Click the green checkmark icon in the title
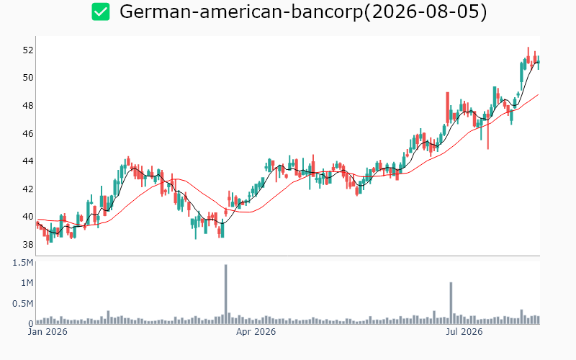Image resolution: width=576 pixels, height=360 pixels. (101, 12)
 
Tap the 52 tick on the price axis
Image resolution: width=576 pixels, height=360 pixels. (28, 50)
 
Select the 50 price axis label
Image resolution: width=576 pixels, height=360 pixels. (28, 78)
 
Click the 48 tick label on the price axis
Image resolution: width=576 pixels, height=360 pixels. (28, 105)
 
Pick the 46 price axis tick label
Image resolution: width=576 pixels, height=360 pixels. (28, 133)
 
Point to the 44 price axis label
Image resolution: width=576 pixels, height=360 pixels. (28, 161)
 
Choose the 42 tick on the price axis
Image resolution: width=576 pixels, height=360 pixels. (28, 189)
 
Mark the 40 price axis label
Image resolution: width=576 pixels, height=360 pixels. (28, 217)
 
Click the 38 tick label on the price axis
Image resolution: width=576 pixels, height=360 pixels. (28, 244)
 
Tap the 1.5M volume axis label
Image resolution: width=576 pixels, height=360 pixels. (23, 263)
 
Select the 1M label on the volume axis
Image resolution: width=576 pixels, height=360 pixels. (27, 283)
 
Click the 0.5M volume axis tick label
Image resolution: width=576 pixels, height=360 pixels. (23, 303)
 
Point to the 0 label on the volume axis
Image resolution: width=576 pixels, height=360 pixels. (31, 323)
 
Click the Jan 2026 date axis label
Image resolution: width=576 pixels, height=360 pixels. (48, 332)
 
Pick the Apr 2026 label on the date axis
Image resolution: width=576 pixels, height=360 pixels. (256, 332)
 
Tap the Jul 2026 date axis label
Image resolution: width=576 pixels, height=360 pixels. (464, 332)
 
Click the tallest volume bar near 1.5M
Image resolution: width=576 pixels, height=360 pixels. (225, 294)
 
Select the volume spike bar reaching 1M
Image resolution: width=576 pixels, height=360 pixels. (451, 303)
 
